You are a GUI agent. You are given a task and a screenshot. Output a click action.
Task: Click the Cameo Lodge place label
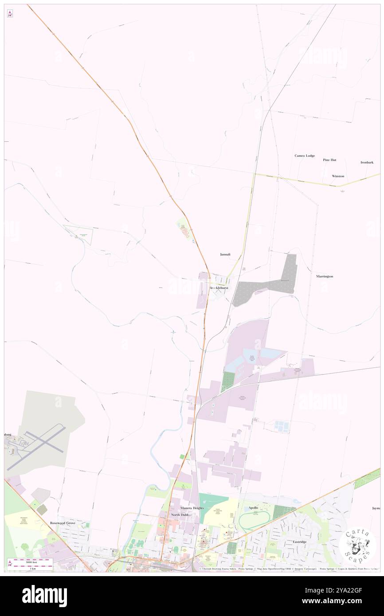pos(305,156)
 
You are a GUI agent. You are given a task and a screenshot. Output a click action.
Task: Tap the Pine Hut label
pos(329,160)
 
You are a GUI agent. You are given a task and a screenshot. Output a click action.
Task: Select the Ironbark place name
pos(367,162)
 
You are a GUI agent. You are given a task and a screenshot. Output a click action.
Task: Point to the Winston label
pos(338,176)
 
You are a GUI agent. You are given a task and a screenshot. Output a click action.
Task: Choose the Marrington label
pos(325,276)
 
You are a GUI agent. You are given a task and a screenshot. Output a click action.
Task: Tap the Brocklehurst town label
pos(219,288)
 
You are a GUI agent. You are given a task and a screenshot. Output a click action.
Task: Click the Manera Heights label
pos(192,508)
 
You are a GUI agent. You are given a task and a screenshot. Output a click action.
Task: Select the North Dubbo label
pos(181,515)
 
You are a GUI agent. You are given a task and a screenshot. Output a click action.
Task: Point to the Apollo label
pos(253,508)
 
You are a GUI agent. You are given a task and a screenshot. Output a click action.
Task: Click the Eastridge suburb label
pos(300,542)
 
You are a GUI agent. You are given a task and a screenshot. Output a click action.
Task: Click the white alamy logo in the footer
pos(44,596)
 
